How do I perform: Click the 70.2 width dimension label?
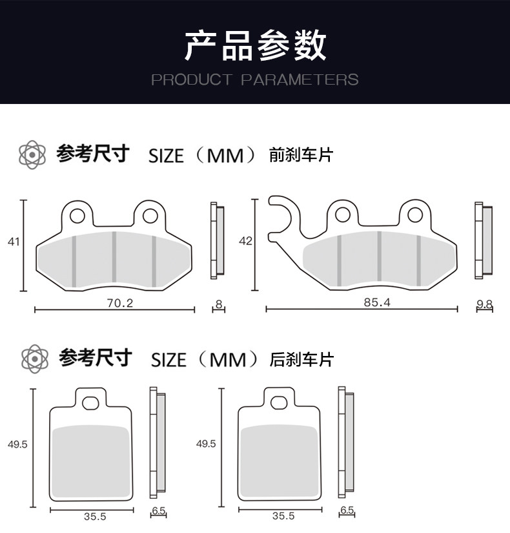[x=120, y=303]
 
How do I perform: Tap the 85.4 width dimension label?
[x=377, y=302]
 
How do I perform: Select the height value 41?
[x=14, y=242]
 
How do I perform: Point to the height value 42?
[x=246, y=241]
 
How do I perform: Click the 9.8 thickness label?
[x=485, y=304]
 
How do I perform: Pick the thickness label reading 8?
[x=219, y=304]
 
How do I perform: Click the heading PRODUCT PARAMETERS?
[x=255, y=80]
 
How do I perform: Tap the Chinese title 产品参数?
[x=255, y=45]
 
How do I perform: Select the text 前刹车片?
[x=301, y=154]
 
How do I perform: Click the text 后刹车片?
[x=301, y=359]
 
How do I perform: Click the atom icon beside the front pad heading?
[x=32, y=154]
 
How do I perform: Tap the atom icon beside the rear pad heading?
[x=35, y=359]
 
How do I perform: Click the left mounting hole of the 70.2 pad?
[x=77, y=216]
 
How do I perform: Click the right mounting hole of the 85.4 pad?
[x=415, y=215]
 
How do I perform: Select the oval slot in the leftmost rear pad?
[x=91, y=404]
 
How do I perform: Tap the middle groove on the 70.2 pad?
[x=114, y=257]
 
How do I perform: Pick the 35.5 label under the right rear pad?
[x=283, y=516]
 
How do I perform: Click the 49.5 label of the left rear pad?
[x=17, y=444]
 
